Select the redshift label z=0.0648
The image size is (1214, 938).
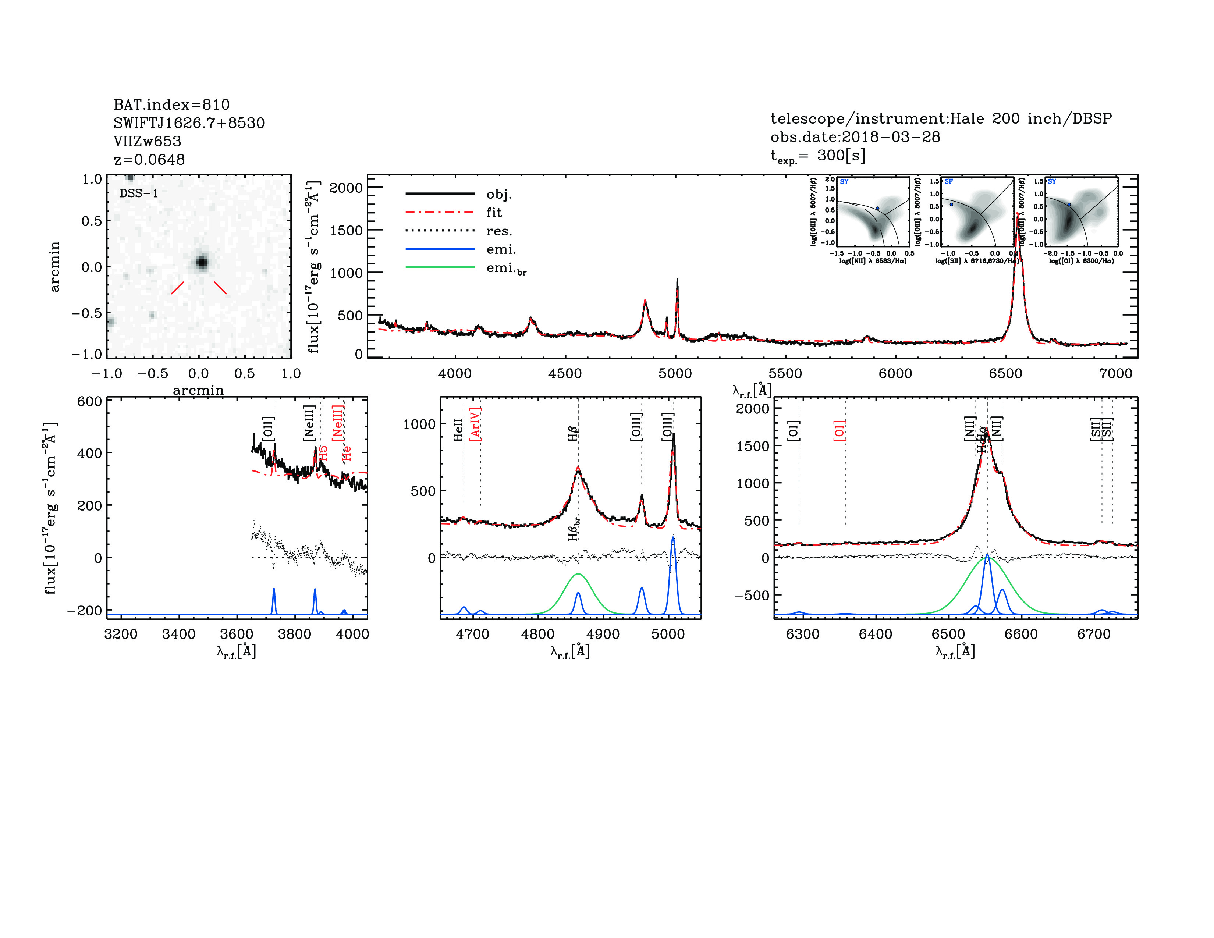pos(149,160)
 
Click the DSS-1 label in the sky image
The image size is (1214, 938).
pos(139,193)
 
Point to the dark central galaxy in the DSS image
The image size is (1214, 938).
pos(202,262)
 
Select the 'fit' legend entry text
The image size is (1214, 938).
pos(494,212)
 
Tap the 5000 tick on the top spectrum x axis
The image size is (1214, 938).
pos(675,373)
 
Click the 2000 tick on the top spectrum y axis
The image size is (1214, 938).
pos(346,188)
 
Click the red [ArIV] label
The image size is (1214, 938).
pos(475,424)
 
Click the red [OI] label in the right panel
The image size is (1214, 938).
pos(839,431)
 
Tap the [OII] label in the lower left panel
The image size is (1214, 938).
pos(268,429)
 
